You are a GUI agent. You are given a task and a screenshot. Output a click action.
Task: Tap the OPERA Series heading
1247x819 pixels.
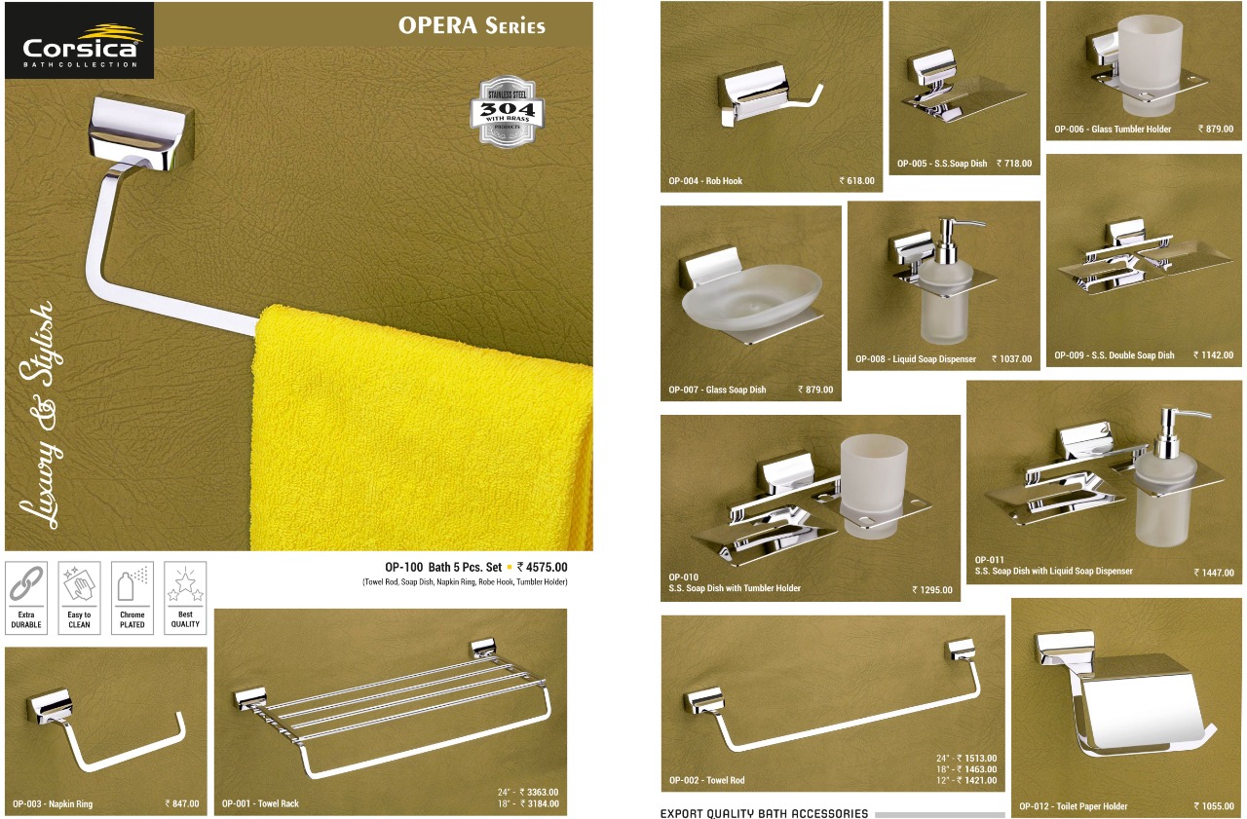(472, 25)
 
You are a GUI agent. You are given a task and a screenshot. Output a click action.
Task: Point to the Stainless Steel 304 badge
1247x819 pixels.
(507, 111)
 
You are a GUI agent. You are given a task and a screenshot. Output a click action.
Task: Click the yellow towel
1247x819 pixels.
(422, 428)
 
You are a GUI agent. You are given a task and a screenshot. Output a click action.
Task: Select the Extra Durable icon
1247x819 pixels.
(26, 598)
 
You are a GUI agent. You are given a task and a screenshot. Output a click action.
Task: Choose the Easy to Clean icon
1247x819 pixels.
(79, 598)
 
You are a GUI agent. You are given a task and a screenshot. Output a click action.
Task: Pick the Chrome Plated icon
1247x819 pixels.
(132, 598)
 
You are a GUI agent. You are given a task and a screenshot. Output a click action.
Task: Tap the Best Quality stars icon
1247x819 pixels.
(185, 598)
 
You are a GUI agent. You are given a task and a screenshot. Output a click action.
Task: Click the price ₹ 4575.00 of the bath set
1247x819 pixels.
(543, 567)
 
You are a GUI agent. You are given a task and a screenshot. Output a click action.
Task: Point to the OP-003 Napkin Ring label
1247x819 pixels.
(53, 804)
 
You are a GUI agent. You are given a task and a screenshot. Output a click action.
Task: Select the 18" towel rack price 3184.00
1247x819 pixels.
(528, 803)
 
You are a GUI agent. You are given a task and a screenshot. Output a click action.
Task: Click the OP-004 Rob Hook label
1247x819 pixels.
(705, 181)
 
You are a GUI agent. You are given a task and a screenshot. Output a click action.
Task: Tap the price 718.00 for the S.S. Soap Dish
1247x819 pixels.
(1014, 164)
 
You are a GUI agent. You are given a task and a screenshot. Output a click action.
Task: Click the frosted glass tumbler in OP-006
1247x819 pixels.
(1149, 64)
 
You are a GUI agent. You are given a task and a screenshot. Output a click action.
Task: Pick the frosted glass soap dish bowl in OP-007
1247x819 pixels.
(751, 299)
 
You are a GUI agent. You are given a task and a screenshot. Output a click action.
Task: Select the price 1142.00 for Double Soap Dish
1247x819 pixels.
(1214, 355)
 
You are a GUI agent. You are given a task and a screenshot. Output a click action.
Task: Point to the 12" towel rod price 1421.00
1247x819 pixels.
(966, 780)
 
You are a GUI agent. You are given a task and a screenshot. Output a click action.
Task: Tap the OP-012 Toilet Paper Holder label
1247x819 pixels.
(1074, 806)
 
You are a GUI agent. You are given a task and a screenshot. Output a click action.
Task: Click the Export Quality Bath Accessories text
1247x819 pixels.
(764, 813)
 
